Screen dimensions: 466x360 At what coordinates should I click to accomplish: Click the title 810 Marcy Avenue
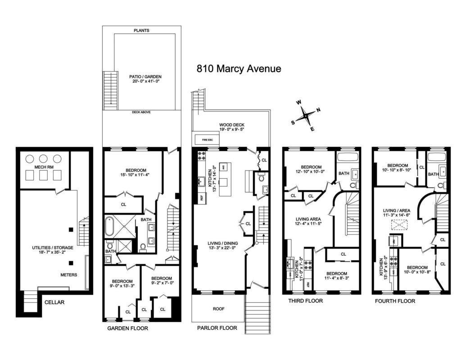pos(239,69)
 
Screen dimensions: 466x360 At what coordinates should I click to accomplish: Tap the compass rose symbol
pos(306,115)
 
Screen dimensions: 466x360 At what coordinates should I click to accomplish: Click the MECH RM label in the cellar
pos(43,167)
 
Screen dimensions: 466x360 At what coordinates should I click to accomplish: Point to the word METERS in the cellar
pos(69,274)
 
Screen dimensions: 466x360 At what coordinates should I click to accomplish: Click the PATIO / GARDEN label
pos(145,77)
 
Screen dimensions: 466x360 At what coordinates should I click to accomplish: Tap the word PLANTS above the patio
pos(141,31)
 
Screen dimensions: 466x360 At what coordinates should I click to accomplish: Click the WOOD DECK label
pos(231,125)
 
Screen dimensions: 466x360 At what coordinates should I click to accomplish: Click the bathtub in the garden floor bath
pos(110,227)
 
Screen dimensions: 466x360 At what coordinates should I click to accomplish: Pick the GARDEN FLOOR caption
pos(127,328)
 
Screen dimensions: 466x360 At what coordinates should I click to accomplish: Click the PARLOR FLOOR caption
pos(217,328)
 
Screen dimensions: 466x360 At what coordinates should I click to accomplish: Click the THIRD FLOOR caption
pos(306,301)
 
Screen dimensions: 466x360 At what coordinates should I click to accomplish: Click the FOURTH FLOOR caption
pos(395,301)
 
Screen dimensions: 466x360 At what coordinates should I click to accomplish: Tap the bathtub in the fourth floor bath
pos(436,157)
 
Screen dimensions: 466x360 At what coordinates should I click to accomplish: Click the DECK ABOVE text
pos(141,112)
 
